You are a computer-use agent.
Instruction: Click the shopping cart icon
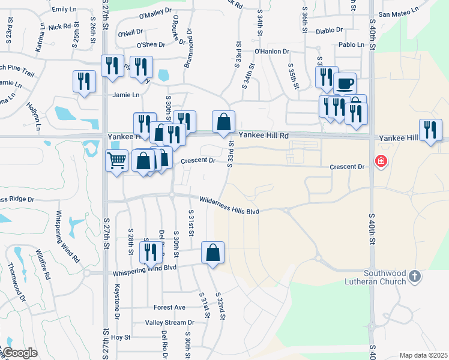[116, 160]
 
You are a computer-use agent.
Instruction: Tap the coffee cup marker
[345, 83]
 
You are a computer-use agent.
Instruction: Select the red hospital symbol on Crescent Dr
[380, 161]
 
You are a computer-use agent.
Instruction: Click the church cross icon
[415, 277]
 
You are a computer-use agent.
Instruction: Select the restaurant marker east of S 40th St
[430, 130]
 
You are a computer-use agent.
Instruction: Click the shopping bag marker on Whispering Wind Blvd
[212, 253]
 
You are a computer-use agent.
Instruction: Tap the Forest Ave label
[169, 307]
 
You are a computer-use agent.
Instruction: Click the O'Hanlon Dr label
[272, 52]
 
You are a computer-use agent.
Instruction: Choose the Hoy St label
[121, 338]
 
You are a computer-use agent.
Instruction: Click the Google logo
[20, 353]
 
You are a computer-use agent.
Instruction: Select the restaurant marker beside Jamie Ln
[83, 82]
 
